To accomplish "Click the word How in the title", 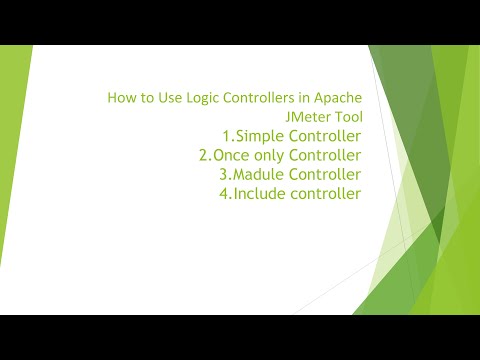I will point(119,98).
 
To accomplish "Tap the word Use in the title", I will point(165,98).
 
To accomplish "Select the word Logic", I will point(197,98).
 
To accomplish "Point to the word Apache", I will point(338,98).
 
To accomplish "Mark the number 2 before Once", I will point(206,155).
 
